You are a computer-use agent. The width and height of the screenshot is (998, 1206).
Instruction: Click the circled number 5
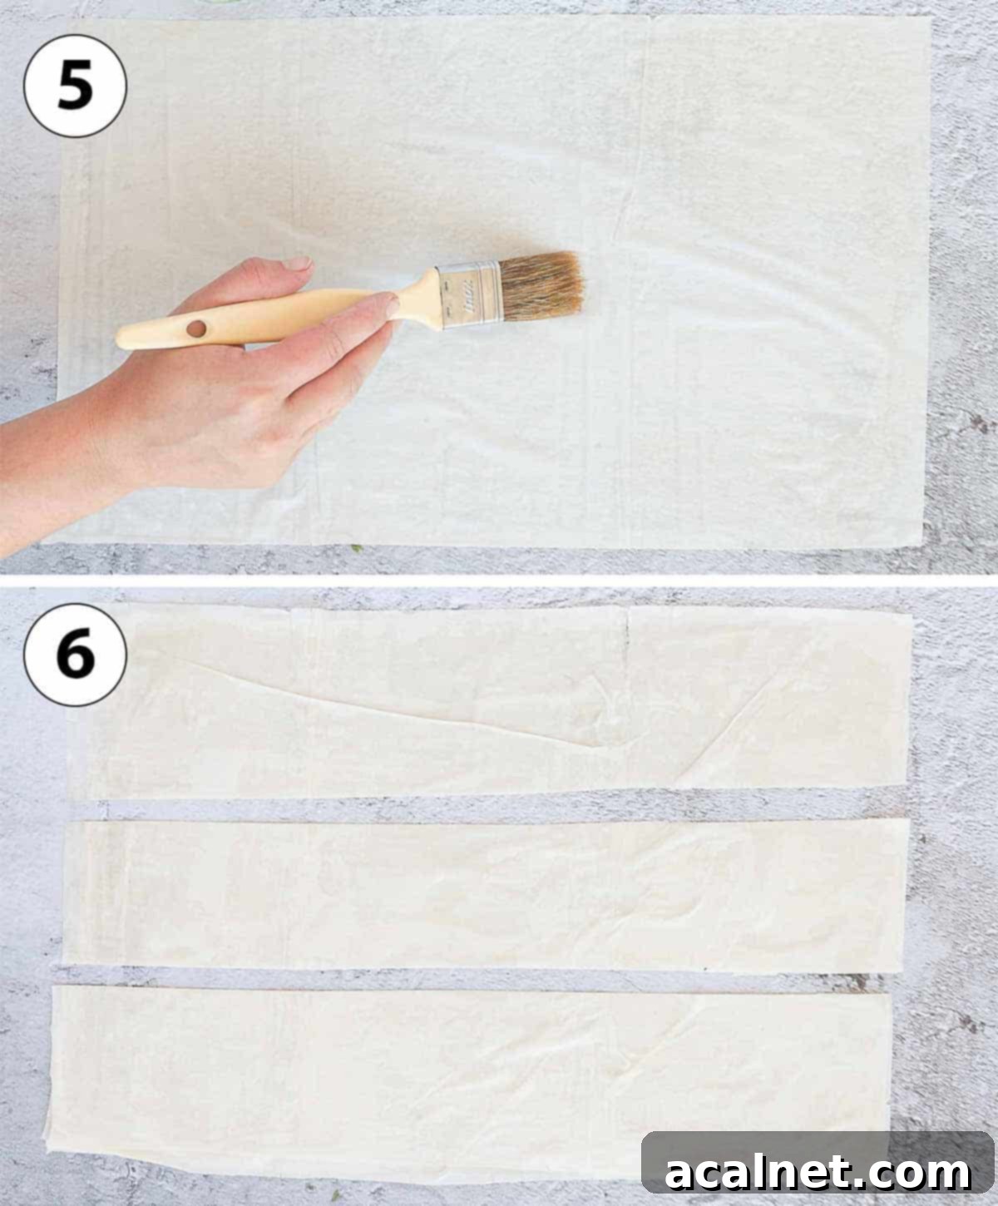[x=75, y=86]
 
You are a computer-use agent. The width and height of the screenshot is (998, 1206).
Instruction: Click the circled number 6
[x=75, y=655]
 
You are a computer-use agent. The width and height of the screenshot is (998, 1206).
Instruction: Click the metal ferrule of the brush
[x=469, y=294]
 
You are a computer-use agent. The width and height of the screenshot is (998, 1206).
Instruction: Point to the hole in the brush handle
[x=196, y=329]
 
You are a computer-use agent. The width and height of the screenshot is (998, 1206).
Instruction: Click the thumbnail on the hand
[x=297, y=264]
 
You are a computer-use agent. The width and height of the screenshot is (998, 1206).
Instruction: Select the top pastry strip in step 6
[x=491, y=702]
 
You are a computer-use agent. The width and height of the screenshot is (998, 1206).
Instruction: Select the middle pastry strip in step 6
[x=484, y=894]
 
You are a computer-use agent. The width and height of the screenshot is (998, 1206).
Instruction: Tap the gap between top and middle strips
[x=491, y=808]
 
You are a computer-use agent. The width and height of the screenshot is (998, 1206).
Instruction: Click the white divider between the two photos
[x=499, y=581]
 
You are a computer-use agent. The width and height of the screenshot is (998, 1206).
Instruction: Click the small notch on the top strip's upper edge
[x=628, y=624]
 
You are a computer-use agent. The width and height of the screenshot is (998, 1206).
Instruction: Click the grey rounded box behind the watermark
[x=818, y=1161]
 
